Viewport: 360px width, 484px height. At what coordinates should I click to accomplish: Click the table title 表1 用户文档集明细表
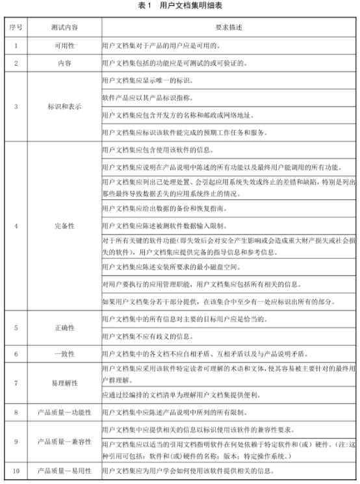179,6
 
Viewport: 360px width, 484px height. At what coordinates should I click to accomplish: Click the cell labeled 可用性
64,47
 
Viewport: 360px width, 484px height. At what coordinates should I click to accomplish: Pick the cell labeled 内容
64,64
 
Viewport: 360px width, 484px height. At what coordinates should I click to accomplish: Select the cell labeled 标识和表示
64,107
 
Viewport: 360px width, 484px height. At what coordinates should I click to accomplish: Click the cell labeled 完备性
64,226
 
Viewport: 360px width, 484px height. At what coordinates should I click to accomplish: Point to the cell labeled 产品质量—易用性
64,470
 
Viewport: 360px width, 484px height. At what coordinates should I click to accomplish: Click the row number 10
15,470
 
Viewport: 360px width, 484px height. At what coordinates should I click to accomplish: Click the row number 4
15,226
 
